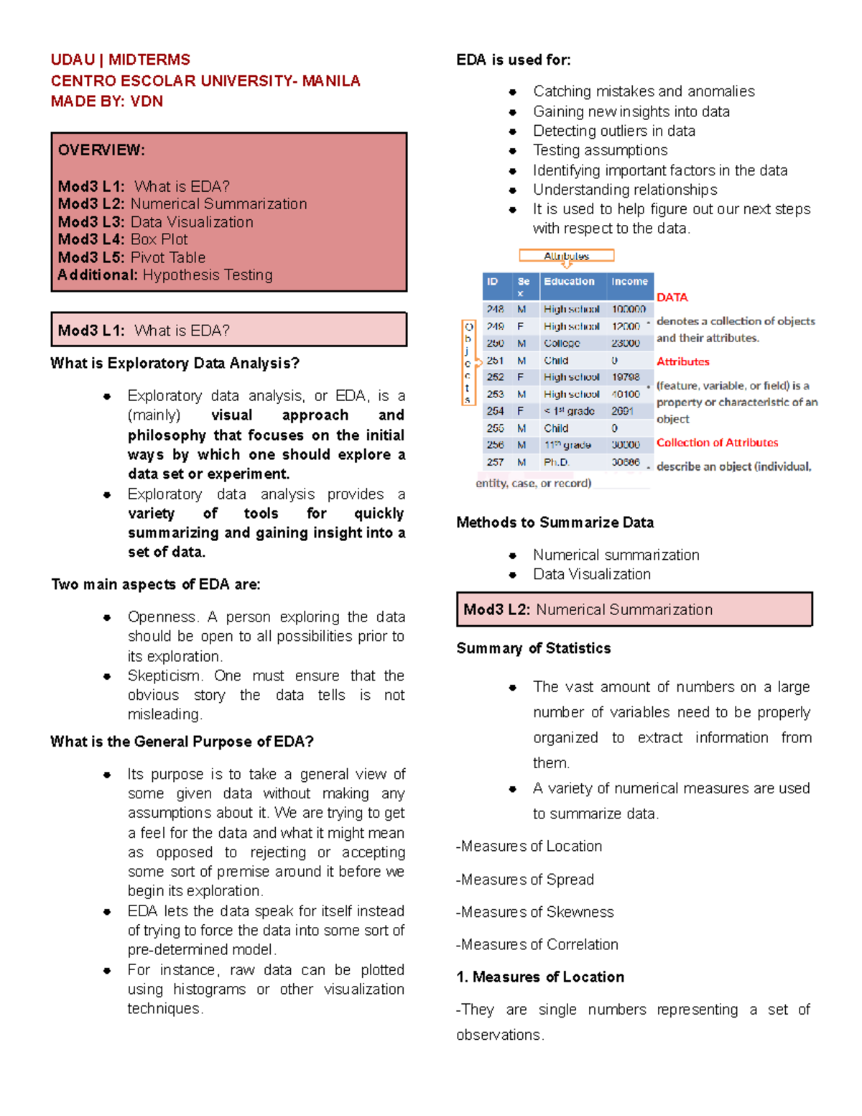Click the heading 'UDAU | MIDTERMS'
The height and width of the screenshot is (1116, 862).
(x=120, y=60)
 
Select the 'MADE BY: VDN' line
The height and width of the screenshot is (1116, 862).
(x=106, y=101)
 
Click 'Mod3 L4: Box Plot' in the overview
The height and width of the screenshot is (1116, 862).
(x=123, y=239)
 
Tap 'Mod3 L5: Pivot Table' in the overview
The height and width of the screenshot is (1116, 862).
(x=131, y=257)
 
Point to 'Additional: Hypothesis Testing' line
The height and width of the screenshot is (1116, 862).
(x=165, y=275)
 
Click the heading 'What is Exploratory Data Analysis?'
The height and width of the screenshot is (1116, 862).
(x=175, y=363)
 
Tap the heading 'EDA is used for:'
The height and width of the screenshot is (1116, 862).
(x=513, y=60)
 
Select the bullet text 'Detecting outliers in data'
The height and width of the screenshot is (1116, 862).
(x=613, y=131)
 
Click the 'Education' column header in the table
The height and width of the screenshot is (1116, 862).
(x=569, y=282)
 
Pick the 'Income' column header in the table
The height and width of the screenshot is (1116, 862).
(x=629, y=282)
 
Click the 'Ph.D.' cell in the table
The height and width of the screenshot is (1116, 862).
(x=556, y=462)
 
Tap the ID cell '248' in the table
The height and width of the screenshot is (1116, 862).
(x=495, y=309)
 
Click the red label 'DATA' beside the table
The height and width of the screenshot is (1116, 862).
(x=672, y=298)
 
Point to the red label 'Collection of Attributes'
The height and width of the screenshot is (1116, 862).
(x=717, y=443)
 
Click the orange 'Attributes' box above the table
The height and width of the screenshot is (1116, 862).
(x=566, y=256)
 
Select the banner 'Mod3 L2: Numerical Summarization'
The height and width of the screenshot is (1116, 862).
(x=634, y=609)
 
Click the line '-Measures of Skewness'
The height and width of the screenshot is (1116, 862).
(x=535, y=912)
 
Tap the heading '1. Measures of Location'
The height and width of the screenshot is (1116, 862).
(x=540, y=977)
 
